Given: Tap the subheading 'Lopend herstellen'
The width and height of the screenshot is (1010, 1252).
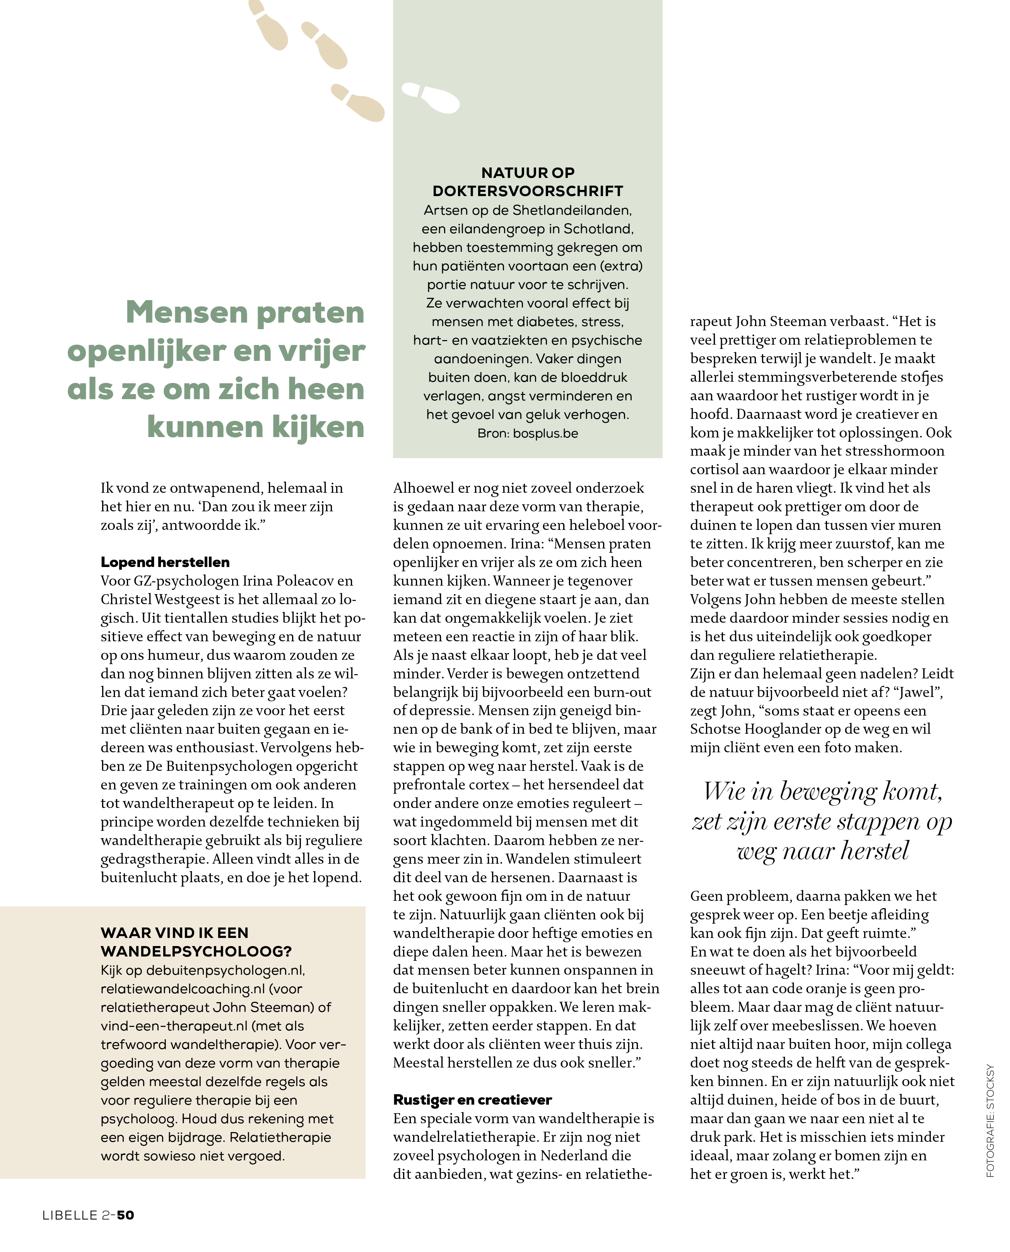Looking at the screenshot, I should pos(165,562).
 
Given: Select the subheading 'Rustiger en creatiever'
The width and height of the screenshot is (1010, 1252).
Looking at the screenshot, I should pos(472,1100).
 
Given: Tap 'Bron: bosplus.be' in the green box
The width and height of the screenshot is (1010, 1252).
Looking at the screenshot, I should pos(528,434).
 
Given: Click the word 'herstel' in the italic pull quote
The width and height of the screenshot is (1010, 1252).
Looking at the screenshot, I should pos(875,851).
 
